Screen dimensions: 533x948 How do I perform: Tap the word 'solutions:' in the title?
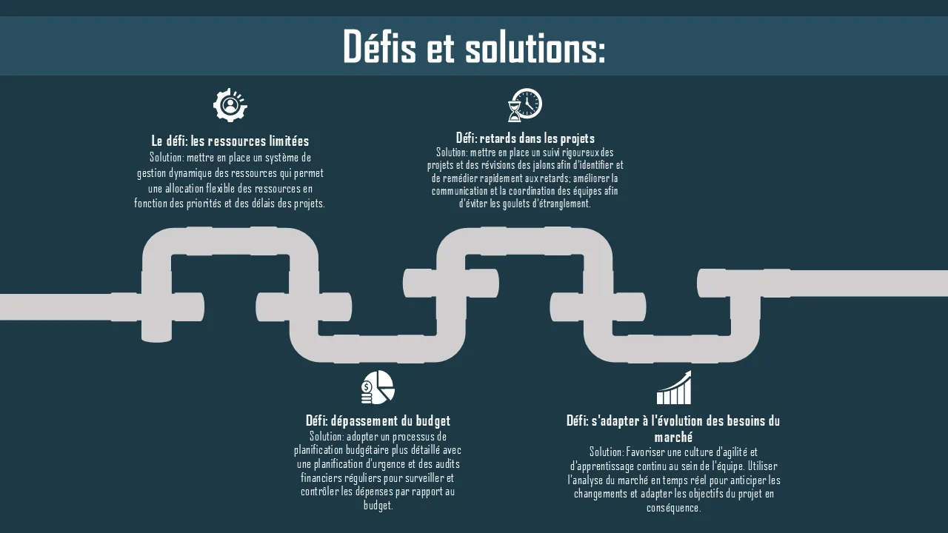(535, 47)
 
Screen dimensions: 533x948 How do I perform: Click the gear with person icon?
(230, 105)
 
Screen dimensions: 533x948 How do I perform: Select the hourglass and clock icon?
(524, 104)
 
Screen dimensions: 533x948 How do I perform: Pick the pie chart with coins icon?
(378, 387)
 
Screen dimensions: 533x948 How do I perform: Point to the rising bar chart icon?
(673, 388)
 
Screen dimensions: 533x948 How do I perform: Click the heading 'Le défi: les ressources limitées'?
(230, 141)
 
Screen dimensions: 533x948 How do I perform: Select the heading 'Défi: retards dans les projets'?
(525, 138)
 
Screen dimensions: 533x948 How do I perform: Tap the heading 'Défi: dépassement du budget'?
(378, 421)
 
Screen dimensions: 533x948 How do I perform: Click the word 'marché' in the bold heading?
(673, 437)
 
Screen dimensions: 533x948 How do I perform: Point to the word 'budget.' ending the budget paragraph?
(378, 506)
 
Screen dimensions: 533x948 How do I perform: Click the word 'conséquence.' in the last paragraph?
(673, 508)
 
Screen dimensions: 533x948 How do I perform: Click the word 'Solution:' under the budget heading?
(327, 436)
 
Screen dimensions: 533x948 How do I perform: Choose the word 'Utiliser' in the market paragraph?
(763, 466)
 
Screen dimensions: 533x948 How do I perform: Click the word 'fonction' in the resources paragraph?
(150, 204)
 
